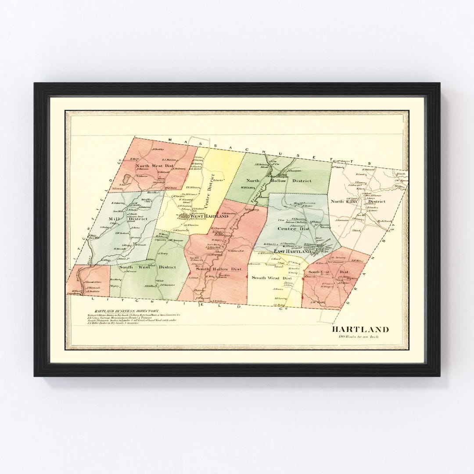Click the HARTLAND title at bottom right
tap(360, 329)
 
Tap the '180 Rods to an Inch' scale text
tap(358, 337)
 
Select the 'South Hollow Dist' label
tap(219, 269)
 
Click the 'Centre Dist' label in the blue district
tap(293, 229)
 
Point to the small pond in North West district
tap(127, 179)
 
